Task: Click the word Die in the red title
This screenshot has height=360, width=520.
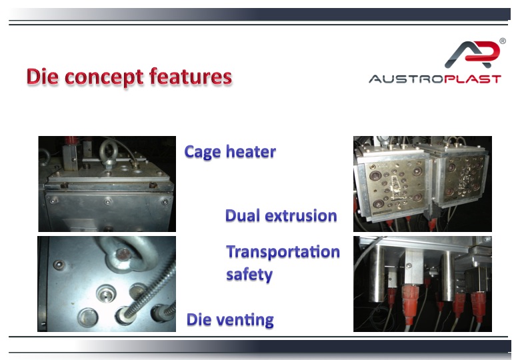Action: [x=43, y=77]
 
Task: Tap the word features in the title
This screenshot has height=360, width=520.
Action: [x=191, y=77]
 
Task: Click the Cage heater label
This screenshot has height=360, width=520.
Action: [x=230, y=152]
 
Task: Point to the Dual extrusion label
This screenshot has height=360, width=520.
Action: [x=281, y=215]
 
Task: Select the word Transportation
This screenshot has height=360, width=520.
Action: [x=283, y=251]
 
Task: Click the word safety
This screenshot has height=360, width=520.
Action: [x=249, y=275]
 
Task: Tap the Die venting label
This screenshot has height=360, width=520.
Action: [x=230, y=320]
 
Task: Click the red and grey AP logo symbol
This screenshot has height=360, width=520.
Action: [x=472, y=54]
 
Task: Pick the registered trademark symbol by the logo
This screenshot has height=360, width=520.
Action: [x=503, y=41]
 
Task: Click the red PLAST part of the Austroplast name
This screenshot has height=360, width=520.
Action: [x=473, y=79]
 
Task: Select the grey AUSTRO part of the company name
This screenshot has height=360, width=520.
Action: [x=407, y=79]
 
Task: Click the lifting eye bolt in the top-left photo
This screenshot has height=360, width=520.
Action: [x=108, y=153]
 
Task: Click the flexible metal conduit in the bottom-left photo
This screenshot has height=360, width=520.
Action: [x=148, y=292]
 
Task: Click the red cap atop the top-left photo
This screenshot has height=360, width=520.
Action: [x=69, y=140]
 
